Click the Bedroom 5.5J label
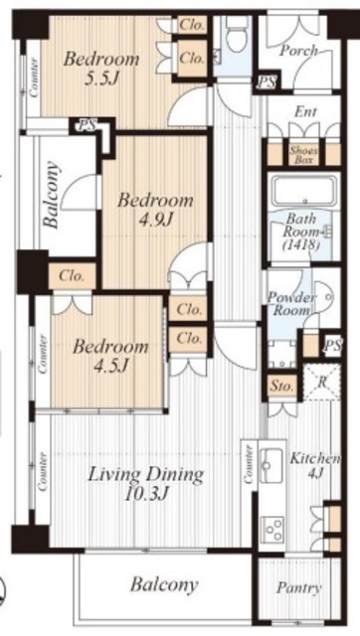(x=101, y=69)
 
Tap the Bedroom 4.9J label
(x=155, y=210)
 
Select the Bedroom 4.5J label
(x=110, y=356)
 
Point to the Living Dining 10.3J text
(x=145, y=484)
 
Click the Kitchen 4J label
(x=315, y=465)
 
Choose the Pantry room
(x=299, y=588)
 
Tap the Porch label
(x=299, y=51)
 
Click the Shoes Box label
(x=303, y=155)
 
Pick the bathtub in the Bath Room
(x=304, y=190)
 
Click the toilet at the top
(x=237, y=36)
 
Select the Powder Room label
(x=291, y=304)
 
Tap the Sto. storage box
(x=281, y=387)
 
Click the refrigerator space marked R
(x=322, y=382)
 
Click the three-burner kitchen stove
(x=271, y=529)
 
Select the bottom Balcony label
(x=164, y=585)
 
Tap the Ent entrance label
(x=306, y=112)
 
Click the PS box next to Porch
(x=268, y=82)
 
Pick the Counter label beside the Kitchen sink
(x=250, y=464)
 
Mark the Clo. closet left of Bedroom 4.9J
(x=73, y=276)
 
